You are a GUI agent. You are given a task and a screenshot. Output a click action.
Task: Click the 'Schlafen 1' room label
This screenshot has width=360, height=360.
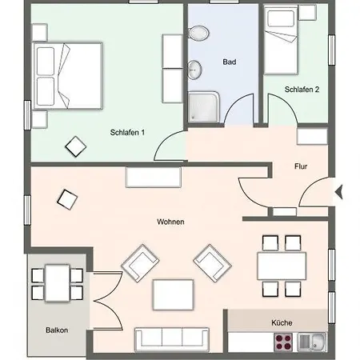(x=127, y=133)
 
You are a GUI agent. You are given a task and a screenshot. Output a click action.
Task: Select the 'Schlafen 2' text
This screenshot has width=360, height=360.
(x=302, y=90)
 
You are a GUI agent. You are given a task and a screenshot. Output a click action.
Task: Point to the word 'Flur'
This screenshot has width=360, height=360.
(x=301, y=167)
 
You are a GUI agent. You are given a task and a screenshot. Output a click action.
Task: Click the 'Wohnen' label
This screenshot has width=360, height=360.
(x=173, y=222)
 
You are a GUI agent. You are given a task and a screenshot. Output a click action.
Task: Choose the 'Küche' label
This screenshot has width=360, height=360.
(x=282, y=322)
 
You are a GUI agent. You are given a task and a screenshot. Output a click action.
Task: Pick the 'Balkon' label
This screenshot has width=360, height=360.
(x=57, y=330)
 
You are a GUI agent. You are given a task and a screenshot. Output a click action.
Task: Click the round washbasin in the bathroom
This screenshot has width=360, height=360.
(x=197, y=67)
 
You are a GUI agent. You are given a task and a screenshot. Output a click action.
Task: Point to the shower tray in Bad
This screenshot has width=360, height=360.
(x=203, y=106)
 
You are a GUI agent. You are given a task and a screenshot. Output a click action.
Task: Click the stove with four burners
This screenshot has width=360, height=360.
(x=284, y=342)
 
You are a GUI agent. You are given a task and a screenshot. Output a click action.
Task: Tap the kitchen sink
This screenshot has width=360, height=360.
(x=311, y=342)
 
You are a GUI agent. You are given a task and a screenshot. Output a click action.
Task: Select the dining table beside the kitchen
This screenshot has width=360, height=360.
(x=281, y=264)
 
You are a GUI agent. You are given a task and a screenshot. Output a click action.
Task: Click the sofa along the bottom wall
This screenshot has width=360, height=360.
(x=172, y=339)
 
